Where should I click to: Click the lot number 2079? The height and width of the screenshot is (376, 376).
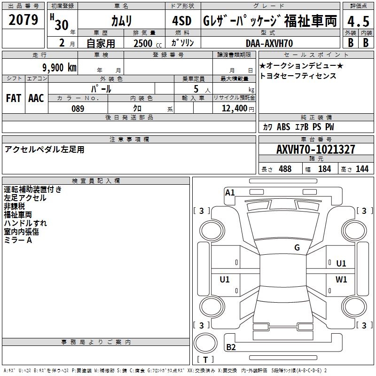(23, 20)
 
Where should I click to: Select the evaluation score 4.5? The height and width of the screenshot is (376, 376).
(357, 21)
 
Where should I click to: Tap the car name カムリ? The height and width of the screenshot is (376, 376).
(121, 21)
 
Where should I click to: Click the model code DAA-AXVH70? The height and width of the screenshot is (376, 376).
(269, 43)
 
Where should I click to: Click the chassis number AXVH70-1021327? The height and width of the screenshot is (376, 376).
(316, 150)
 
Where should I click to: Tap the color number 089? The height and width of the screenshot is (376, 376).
(78, 109)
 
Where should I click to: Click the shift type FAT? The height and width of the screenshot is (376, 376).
(14, 98)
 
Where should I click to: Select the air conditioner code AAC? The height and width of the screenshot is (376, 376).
(36, 98)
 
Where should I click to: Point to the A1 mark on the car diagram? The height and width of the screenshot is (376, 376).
(230, 192)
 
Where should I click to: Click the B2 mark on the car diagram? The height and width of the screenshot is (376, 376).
(231, 348)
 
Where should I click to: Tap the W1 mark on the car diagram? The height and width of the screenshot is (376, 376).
(341, 279)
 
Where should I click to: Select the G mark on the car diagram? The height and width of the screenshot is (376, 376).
(297, 248)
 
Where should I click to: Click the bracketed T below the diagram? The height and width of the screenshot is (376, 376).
(205, 360)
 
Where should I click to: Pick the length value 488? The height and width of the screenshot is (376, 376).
(285, 169)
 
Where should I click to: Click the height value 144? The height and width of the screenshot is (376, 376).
(362, 169)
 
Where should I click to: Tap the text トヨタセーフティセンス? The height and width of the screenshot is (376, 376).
(298, 76)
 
